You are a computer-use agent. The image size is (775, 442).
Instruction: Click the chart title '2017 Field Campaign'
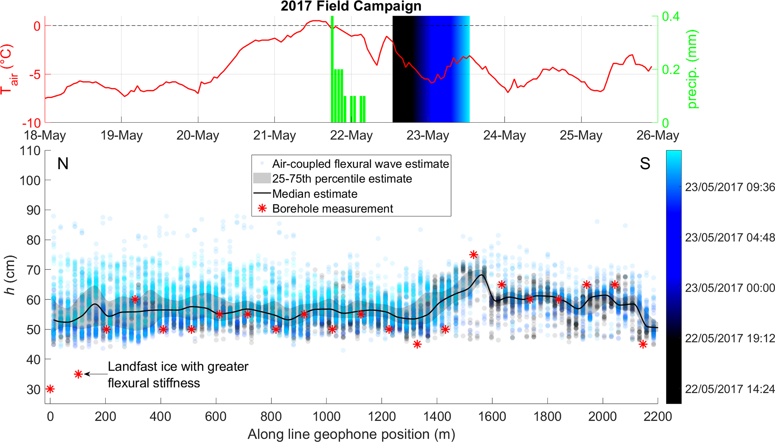point(351,6)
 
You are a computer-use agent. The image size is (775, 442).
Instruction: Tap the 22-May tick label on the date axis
point(351,135)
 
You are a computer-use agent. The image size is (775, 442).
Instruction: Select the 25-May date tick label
point(581,135)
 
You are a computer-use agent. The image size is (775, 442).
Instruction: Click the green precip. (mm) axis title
point(692,69)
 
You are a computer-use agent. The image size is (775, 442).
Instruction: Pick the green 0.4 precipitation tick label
point(670,17)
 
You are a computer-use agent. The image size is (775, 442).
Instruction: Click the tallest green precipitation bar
point(332,69)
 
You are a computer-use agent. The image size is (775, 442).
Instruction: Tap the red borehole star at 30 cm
point(50,389)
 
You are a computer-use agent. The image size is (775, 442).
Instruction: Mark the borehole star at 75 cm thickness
point(474,255)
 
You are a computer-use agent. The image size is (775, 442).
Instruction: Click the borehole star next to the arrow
point(78,374)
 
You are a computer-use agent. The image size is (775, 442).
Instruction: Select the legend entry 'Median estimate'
point(315,194)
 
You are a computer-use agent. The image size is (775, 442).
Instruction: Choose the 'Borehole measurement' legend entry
point(332,209)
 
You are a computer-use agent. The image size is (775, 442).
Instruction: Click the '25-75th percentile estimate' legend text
point(342,179)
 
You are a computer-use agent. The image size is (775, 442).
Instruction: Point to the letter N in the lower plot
point(63,164)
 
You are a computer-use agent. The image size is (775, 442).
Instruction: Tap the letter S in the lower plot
point(645,164)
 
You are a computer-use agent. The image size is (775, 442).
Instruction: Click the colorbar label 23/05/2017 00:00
point(730,288)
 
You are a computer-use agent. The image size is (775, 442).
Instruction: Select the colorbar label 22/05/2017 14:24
point(730,389)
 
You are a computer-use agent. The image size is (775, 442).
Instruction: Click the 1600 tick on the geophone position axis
point(492,416)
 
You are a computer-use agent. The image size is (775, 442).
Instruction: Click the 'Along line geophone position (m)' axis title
point(351,434)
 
